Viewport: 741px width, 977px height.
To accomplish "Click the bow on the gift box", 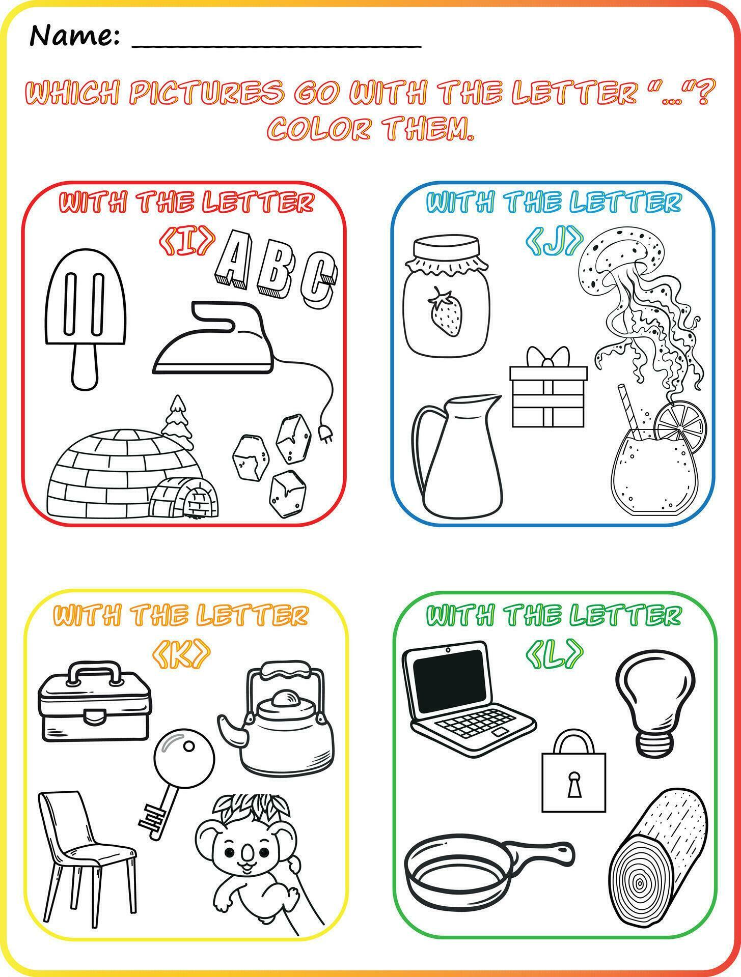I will pos(547,357).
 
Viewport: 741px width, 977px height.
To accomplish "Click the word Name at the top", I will pos(74,36).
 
